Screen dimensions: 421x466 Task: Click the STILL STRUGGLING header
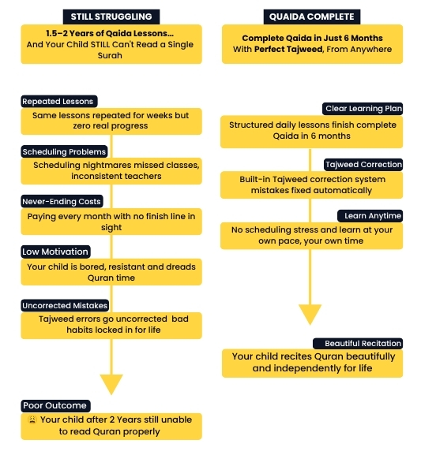click(111, 17)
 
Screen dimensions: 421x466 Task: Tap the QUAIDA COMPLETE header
click(312, 17)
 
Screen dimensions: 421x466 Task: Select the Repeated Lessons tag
click(59, 102)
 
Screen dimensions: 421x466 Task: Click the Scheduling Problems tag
click(64, 151)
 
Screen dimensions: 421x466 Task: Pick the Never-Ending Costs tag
click(62, 202)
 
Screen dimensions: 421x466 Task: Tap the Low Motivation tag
click(55, 252)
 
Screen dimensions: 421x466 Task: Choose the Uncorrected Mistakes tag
click(65, 305)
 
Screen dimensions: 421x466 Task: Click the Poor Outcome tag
click(55, 405)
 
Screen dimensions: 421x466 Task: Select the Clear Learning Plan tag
click(363, 109)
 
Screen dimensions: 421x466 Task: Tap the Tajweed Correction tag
click(363, 165)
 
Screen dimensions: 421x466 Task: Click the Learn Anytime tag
click(370, 216)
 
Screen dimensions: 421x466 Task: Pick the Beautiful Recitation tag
click(358, 344)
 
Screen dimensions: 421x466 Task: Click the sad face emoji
click(32, 419)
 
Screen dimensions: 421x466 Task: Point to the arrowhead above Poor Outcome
click(111, 384)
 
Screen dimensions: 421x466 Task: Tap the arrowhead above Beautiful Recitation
click(310, 315)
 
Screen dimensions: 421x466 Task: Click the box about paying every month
click(111, 222)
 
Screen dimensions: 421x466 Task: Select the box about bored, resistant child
click(111, 272)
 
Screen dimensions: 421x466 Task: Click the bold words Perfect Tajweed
click(288, 50)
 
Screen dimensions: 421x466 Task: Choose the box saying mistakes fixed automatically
click(311, 185)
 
